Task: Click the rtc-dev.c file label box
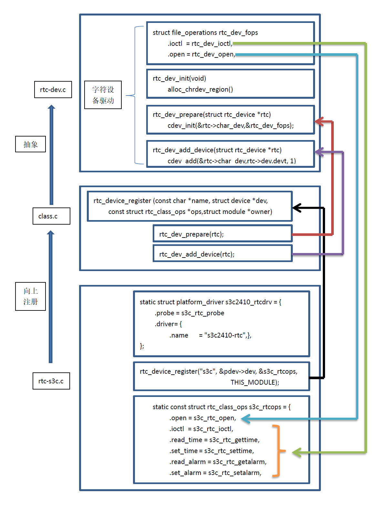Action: (x=53, y=89)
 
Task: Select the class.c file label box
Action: (x=51, y=216)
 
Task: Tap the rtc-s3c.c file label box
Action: (x=51, y=381)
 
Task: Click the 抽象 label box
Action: (x=30, y=144)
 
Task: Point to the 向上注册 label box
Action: (x=30, y=296)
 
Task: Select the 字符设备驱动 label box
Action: (x=103, y=95)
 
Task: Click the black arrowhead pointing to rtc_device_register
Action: (x=297, y=207)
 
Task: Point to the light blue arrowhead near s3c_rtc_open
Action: (x=245, y=419)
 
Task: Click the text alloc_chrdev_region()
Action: (x=200, y=89)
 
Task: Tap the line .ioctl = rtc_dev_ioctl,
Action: (x=200, y=44)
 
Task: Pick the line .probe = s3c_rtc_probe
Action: (x=189, y=313)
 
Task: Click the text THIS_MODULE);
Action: (x=255, y=382)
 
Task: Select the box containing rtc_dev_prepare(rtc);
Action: (x=222, y=234)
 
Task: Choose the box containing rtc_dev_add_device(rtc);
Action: (x=222, y=254)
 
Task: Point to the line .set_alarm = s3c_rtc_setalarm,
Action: (x=215, y=473)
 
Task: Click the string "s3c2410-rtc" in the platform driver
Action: (x=225, y=335)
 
